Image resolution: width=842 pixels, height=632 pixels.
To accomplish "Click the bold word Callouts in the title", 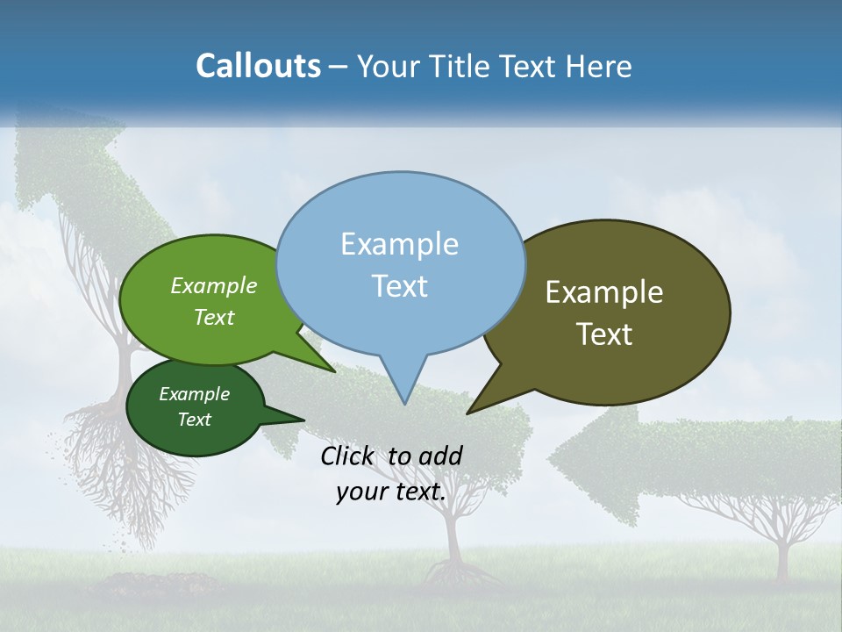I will (258, 66).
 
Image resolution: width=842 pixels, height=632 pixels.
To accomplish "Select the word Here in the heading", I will (598, 66).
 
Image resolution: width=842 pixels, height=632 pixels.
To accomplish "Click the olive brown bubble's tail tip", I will (469, 412).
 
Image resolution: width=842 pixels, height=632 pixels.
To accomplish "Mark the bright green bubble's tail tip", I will (333, 370).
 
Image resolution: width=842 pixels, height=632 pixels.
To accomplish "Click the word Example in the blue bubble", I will (399, 244).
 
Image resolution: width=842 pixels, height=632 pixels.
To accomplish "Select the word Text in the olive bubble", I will (604, 334).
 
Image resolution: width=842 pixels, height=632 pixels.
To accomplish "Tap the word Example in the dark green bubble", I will (194, 394).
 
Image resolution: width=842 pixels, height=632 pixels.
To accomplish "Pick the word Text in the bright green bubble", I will (214, 317).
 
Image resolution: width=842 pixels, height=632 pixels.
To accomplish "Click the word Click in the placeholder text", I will (348, 456).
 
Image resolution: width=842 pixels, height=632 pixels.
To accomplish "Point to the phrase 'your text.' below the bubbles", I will (390, 492).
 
